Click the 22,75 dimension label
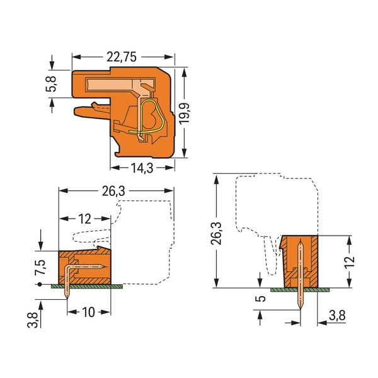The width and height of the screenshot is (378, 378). (x=122, y=57)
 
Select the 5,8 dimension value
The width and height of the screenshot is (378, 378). (x=51, y=84)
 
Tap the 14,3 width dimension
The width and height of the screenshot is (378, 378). (x=142, y=168)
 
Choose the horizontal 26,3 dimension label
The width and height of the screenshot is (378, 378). (x=113, y=191)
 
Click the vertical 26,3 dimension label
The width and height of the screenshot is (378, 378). (x=216, y=233)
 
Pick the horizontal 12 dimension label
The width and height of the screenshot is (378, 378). (x=84, y=219)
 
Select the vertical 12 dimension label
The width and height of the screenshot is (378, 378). (x=350, y=261)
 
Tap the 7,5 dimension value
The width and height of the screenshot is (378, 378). (x=40, y=267)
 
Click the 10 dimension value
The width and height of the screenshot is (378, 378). (x=88, y=312)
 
